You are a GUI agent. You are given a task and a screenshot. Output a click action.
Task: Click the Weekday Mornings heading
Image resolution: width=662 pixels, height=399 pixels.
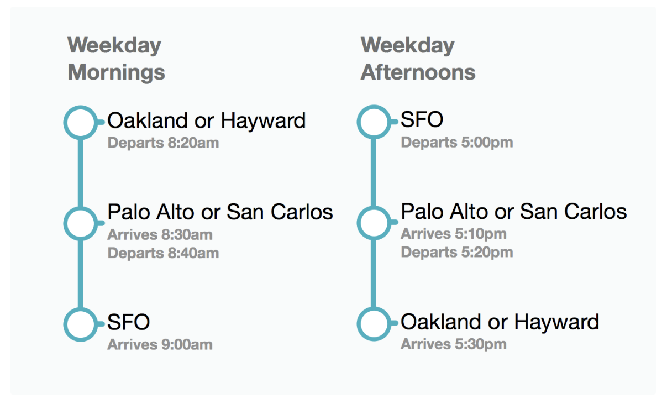[x=116, y=59]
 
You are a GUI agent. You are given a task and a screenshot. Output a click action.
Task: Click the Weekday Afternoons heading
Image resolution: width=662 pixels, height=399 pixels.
[x=418, y=59]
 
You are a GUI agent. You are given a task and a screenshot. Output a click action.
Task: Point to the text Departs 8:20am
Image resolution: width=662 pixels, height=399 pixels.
[x=163, y=143]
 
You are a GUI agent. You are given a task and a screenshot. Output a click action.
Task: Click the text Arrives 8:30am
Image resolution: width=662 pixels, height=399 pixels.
[x=160, y=234]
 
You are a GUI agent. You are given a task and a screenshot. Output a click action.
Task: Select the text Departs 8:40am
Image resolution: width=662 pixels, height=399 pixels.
[x=163, y=253]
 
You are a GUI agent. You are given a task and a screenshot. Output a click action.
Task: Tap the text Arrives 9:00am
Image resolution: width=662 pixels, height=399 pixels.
[x=160, y=344]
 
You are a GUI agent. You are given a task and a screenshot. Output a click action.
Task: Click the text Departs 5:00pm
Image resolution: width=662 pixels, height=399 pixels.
[x=457, y=143]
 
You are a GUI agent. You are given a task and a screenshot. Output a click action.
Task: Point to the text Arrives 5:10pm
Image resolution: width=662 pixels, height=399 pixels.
[x=454, y=234]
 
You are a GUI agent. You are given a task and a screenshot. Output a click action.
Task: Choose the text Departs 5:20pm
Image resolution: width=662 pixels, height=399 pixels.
[x=457, y=253]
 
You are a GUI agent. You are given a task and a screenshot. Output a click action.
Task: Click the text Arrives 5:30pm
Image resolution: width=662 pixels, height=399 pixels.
[x=454, y=344]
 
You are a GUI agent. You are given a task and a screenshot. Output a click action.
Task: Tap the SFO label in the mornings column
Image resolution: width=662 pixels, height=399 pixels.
[x=128, y=322]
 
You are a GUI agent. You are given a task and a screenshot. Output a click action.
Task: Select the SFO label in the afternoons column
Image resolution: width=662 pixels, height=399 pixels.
[x=422, y=119]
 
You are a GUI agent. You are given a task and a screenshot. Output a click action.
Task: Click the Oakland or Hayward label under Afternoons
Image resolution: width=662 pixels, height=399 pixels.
[x=500, y=323]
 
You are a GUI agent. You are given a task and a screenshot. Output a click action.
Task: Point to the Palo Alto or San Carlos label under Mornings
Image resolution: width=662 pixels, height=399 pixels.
[x=220, y=212]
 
